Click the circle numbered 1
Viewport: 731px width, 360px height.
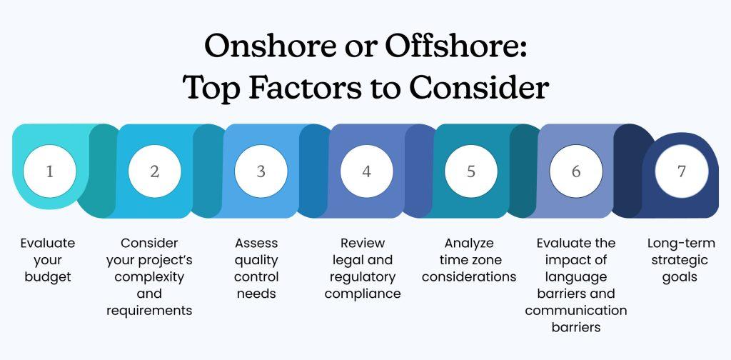coord(49,172)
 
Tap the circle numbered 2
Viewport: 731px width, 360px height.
coord(155,172)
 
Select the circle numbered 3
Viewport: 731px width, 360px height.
coord(261,172)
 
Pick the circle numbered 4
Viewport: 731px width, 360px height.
coord(366,172)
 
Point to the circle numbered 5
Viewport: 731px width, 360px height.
coord(470,172)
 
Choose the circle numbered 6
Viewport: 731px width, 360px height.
coord(576,172)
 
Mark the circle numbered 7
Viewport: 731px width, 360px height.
coord(682,172)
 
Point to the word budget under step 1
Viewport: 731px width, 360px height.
coord(48,277)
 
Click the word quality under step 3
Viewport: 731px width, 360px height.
coord(256,260)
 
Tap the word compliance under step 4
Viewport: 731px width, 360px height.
coord(363,294)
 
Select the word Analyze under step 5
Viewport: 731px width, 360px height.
coord(469,244)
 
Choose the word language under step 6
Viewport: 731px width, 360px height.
coord(575,277)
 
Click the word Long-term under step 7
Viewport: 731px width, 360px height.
coord(681,244)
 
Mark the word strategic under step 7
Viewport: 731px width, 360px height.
coord(681,260)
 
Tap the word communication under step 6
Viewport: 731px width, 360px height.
coord(576,310)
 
